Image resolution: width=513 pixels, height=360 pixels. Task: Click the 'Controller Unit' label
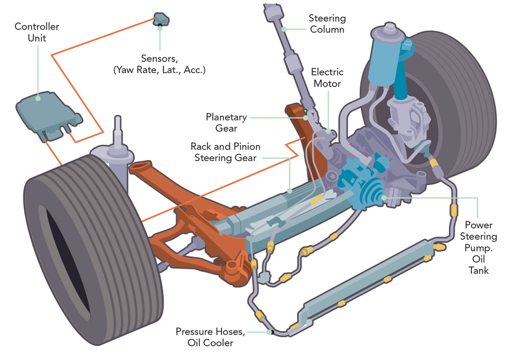tap(37, 32)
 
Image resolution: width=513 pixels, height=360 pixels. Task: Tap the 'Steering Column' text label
tap(327, 24)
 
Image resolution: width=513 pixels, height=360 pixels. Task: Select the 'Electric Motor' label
tap(327, 78)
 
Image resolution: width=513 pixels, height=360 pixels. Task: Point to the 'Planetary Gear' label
tap(226, 123)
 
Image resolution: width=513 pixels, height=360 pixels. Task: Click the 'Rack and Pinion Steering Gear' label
tap(225, 152)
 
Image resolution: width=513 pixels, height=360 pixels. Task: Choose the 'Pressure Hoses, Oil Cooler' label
tap(210, 337)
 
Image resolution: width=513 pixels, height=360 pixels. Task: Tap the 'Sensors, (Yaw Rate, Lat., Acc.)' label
tap(159, 64)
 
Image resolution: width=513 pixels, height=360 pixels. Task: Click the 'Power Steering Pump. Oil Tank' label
tap(478, 247)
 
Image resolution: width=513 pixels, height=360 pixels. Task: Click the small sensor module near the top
tap(161, 20)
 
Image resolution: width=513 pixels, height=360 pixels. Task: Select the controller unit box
tap(49, 116)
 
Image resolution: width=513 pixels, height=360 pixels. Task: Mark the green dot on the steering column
tap(284, 29)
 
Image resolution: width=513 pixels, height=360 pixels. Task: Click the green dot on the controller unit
tap(38, 98)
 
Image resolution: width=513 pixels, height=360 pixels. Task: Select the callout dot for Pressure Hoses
tap(270, 332)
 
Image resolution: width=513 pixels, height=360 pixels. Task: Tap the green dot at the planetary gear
tap(306, 118)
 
